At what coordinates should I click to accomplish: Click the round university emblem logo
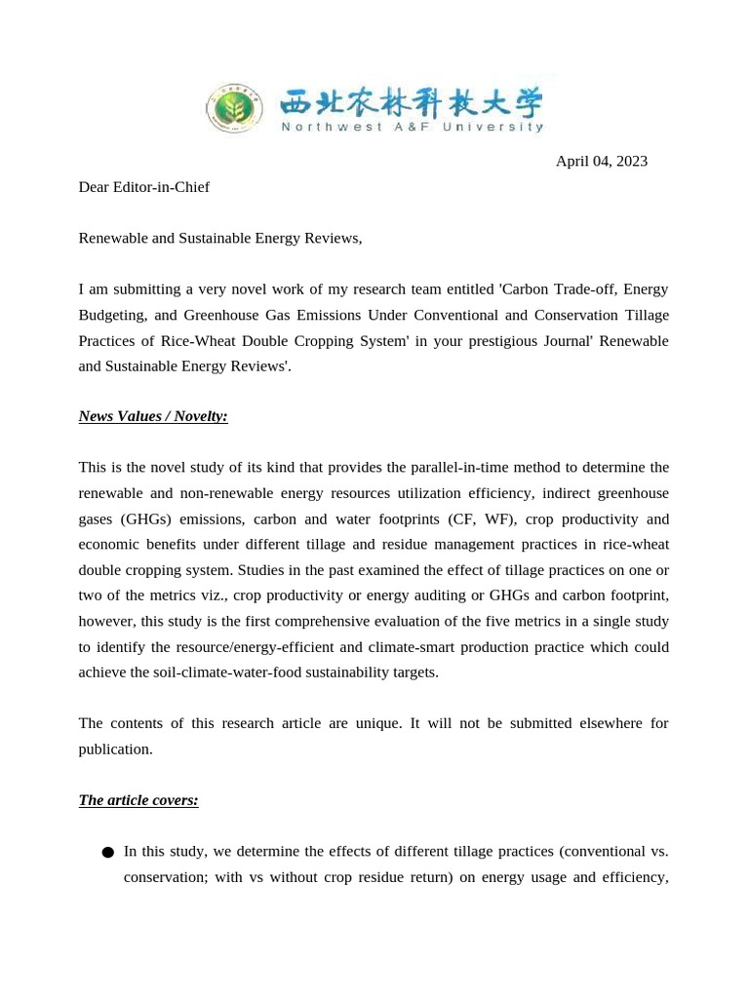[233, 108]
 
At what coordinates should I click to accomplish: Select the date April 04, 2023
[601, 161]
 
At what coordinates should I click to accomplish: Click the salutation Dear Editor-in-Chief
[143, 187]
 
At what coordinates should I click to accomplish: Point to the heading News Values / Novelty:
[153, 416]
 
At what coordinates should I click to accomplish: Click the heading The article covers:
[138, 800]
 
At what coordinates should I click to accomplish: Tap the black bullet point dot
[107, 853]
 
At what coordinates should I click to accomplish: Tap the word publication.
[115, 748]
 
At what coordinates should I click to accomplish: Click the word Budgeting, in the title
[118, 315]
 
